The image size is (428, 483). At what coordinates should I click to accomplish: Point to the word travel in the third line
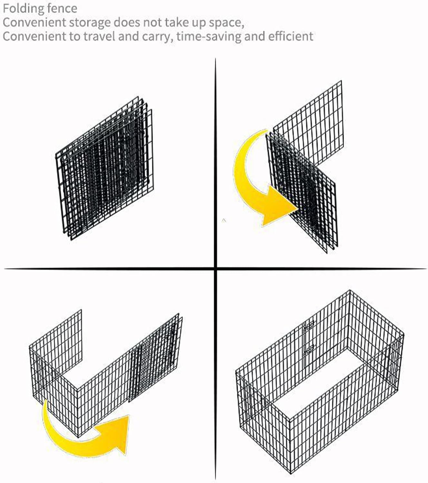click(100, 36)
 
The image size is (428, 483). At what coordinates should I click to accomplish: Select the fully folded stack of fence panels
click(104, 168)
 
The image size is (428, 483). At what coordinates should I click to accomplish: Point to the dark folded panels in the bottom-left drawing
click(155, 358)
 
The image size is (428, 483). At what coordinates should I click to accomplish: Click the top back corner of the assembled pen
click(350, 290)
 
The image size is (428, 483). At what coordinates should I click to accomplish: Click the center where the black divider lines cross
click(216, 269)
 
